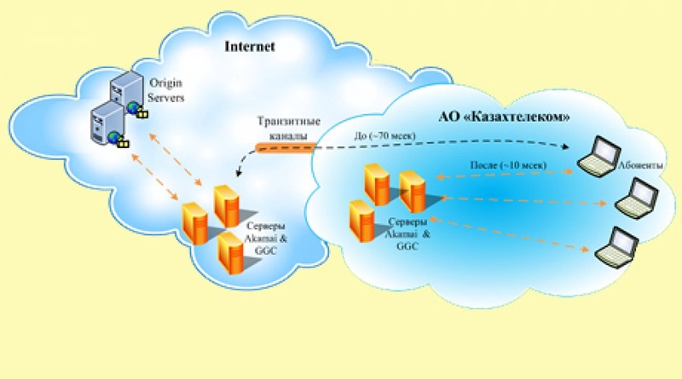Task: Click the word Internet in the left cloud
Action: click(249, 47)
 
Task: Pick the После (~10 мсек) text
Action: click(506, 163)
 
